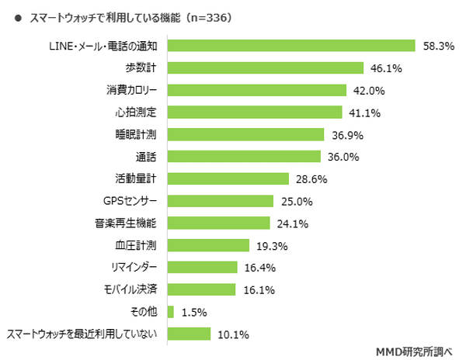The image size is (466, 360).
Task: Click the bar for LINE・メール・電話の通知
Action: pos(291,46)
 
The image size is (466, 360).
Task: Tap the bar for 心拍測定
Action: pos(255,112)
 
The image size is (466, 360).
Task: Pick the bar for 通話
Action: pos(244,157)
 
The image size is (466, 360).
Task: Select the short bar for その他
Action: pos(170,313)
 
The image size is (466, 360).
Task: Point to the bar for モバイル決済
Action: pos(201,290)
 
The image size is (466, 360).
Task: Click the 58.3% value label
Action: pos(438,46)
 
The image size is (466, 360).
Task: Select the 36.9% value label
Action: pos(349,135)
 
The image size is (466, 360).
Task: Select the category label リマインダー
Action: pos(135,268)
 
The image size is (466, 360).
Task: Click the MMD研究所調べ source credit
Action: pos(416,349)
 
